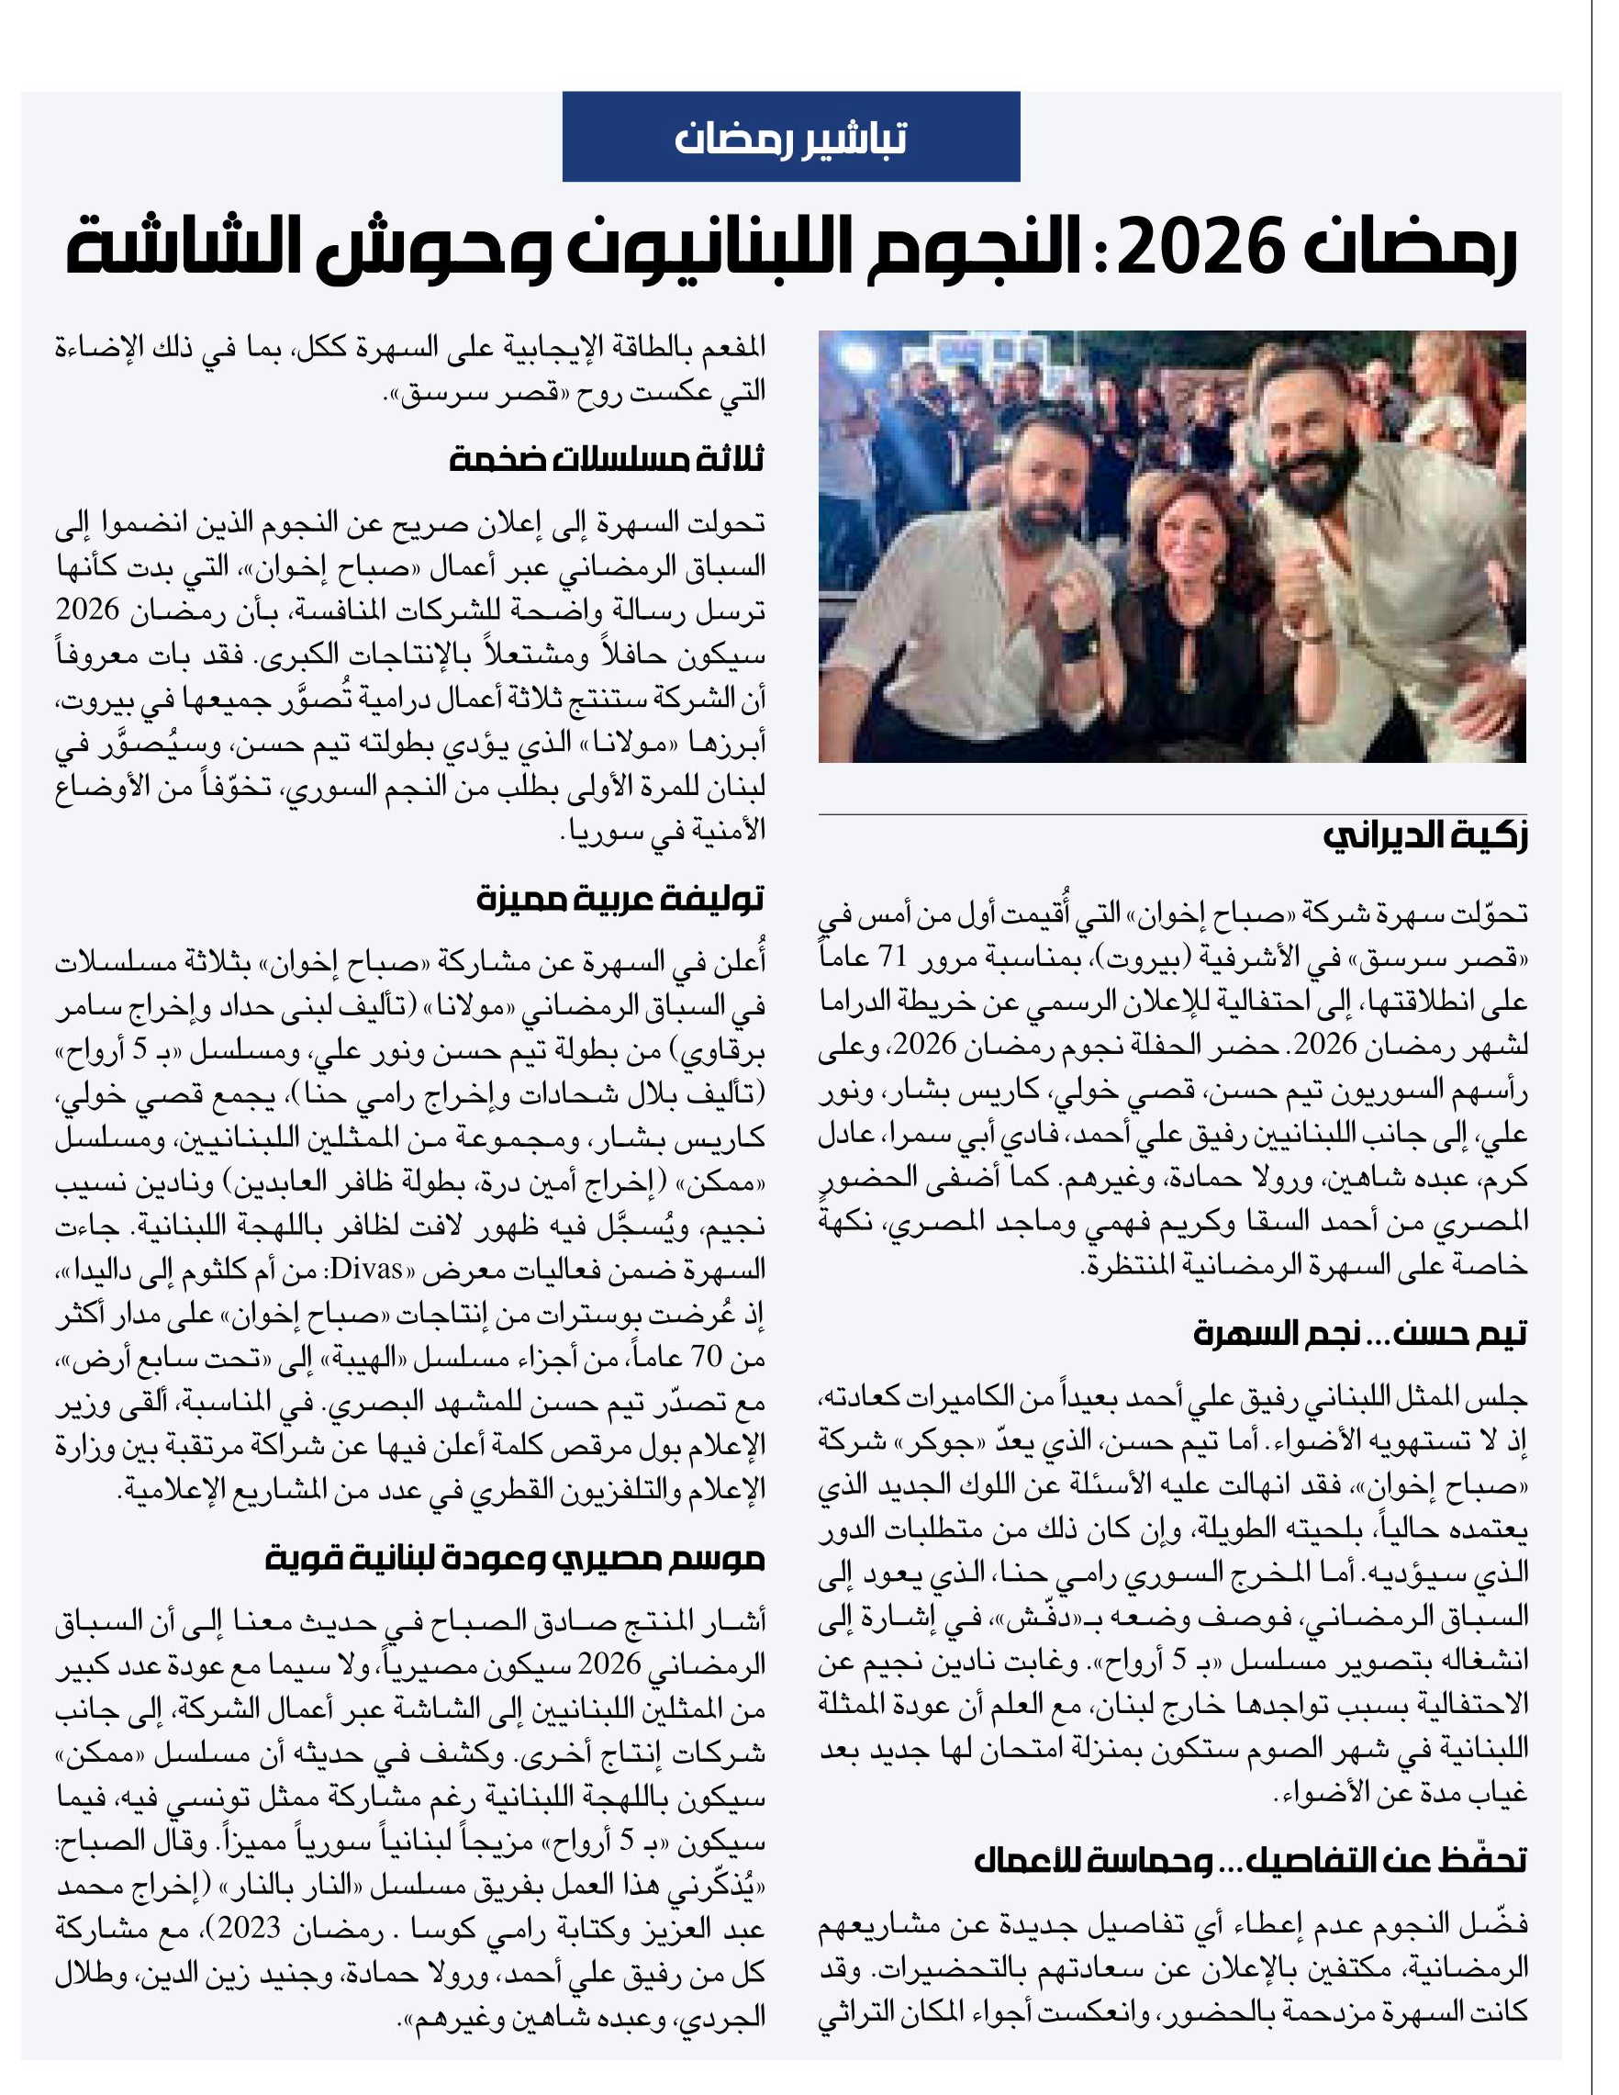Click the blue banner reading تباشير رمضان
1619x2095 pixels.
pyautogui.click(x=790, y=137)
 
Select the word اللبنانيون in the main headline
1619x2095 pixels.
pyautogui.click(x=709, y=249)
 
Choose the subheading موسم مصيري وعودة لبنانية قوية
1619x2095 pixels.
pyautogui.click(x=514, y=1559)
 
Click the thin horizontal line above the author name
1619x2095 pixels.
pyautogui.click(x=1171, y=814)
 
